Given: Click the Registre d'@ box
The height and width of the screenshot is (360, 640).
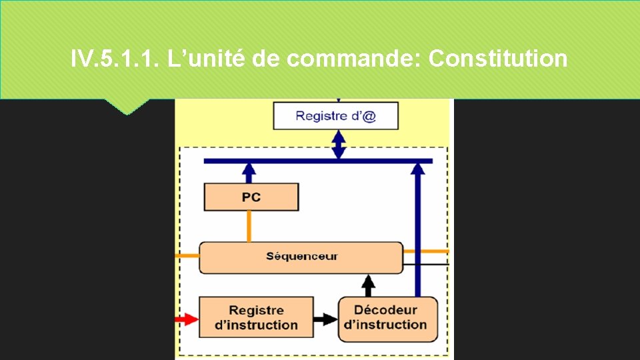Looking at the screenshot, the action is (x=335, y=116).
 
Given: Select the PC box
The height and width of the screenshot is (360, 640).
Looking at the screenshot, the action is (x=251, y=197).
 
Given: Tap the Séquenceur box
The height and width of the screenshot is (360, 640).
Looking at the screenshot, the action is (x=301, y=257).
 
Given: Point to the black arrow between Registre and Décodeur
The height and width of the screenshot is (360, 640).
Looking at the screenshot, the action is (x=325, y=319).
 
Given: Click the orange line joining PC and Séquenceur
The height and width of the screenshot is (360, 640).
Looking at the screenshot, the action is (x=249, y=227).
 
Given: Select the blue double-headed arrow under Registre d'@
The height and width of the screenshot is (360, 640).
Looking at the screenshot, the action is (x=339, y=145).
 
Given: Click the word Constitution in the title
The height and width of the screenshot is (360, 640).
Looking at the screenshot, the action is (x=498, y=59).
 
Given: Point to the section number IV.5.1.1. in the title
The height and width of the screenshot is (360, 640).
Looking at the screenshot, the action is (x=111, y=59).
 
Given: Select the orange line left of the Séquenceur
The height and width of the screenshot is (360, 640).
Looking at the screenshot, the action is (x=187, y=255).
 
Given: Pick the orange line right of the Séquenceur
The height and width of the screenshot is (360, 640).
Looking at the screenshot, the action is (x=426, y=251).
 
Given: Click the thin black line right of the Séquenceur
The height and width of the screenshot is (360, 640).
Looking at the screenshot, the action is (x=426, y=264).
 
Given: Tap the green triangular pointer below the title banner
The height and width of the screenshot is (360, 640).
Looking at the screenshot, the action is (x=126, y=107).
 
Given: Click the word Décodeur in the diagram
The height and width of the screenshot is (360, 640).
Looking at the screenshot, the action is (x=385, y=310).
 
